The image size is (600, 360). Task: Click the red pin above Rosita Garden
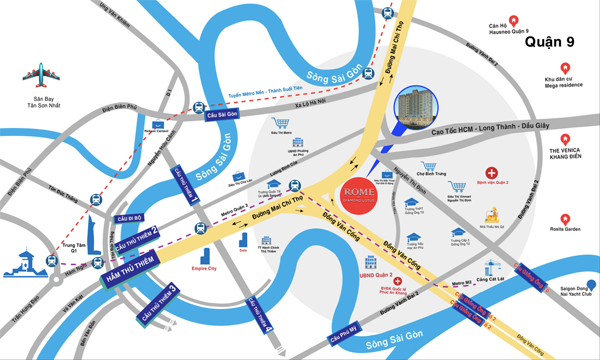[x=565, y=217]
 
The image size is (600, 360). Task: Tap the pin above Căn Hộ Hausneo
[x=512, y=19]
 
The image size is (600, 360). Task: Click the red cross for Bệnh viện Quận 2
[x=491, y=173]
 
